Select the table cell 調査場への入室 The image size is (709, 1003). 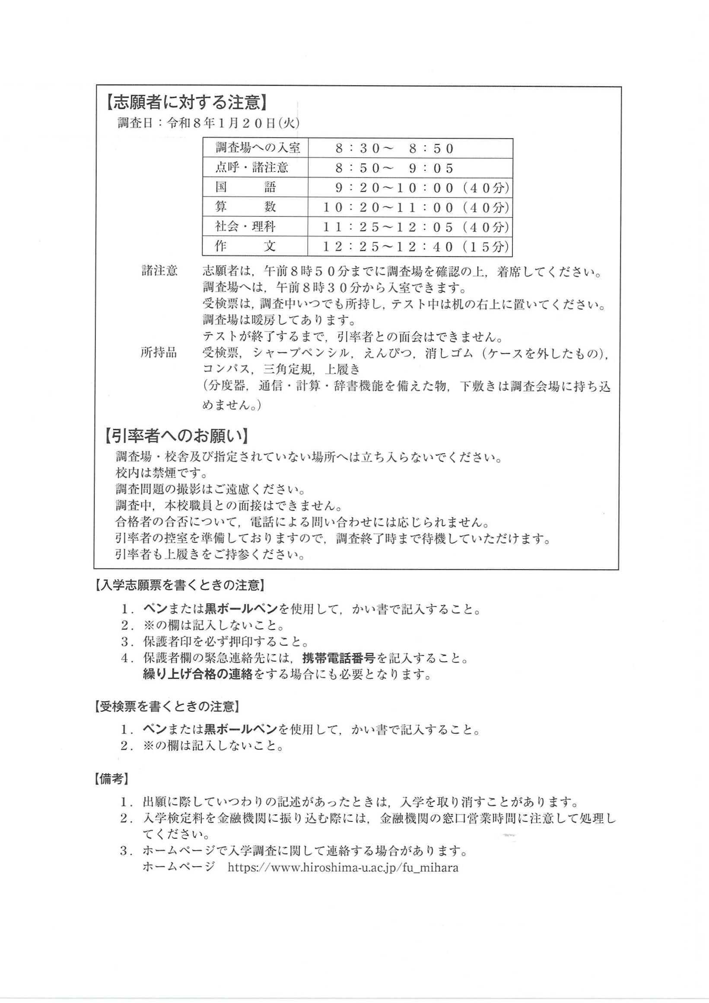(x=258, y=148)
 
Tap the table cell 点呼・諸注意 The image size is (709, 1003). (x=252, y=168)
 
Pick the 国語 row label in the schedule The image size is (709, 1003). (x=245, y=187)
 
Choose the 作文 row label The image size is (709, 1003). (x=245, y=246)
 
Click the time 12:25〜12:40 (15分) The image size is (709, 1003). (x=416, y=247)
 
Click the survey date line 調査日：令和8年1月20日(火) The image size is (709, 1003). (x=208, y=123)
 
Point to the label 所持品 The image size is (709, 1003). (x=159, y=352)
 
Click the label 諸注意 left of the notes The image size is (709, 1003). (x=159, y=271)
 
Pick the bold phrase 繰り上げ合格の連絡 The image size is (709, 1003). (x=198, y=674)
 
